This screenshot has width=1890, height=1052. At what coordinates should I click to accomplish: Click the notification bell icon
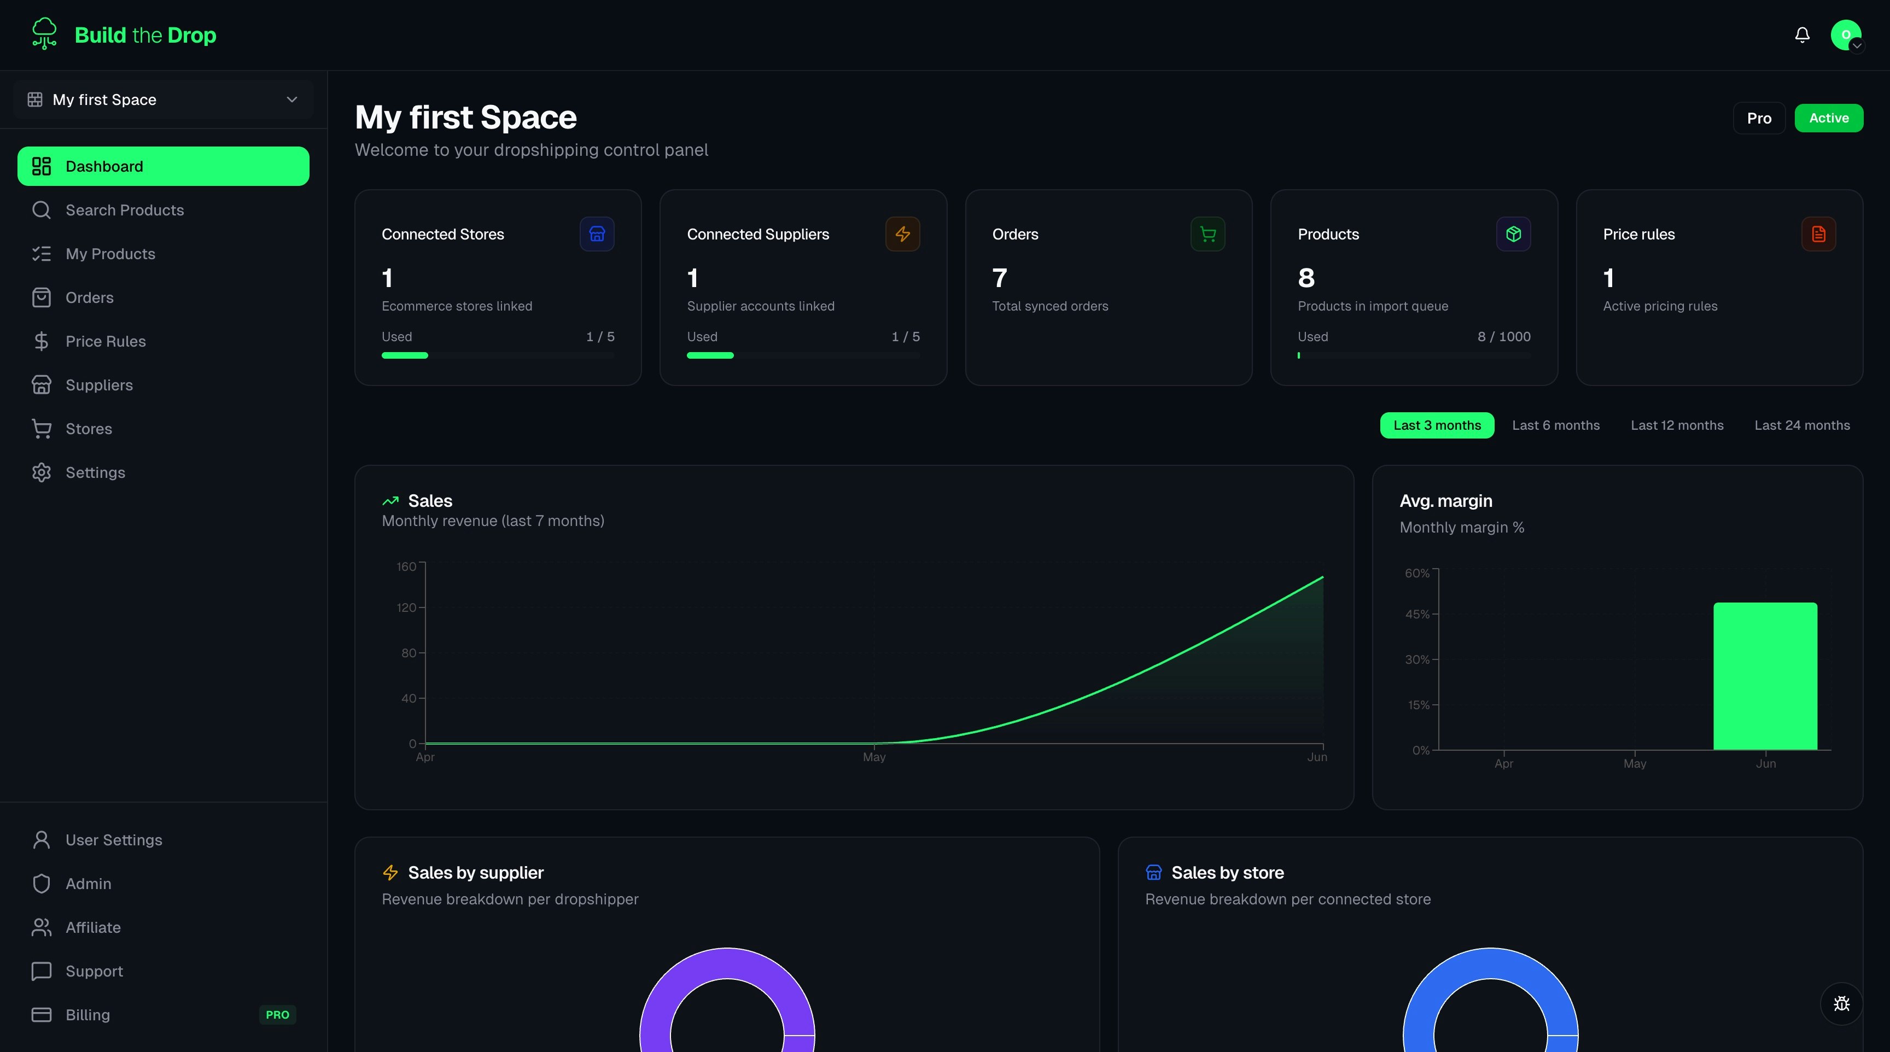[1802, 35]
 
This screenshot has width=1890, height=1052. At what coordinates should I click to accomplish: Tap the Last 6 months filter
[1555, 425]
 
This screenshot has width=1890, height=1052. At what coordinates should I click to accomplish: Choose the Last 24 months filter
[1802, 425]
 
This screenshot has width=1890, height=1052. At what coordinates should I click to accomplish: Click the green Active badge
[1828, 118]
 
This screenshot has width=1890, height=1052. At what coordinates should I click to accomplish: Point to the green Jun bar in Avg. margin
[1765, 676]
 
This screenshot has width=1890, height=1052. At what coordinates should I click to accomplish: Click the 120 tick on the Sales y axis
[406, 607]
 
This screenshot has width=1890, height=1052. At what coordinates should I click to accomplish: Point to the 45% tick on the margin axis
[1417, 614]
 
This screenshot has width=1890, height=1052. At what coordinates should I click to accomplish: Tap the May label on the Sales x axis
[874, 757]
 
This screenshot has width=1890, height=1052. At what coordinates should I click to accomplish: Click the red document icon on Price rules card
[1819, 234]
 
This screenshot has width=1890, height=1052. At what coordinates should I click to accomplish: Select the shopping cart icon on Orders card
[1207, 234]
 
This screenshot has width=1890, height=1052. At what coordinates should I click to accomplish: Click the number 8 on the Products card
[1306, 278]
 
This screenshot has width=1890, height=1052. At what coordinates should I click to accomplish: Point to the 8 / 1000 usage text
[1504, 337]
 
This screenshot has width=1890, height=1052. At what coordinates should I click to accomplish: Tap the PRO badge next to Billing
[277, 1015]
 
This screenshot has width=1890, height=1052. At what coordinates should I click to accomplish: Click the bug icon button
[1841, 1003]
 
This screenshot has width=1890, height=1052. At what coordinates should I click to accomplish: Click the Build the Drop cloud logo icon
[44, 34]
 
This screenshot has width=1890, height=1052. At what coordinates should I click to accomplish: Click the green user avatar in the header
[1846, 34]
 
